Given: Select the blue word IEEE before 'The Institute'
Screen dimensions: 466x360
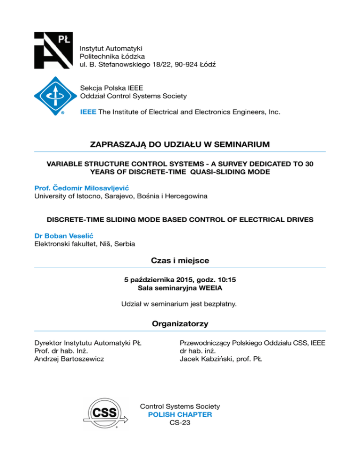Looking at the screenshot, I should pyautogui.click(x=89, y=113).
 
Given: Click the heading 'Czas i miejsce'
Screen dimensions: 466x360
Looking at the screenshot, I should pyautogui.click(x=180, y=260).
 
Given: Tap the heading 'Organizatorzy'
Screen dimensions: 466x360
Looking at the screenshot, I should pyautogui.click(x=180, y=323).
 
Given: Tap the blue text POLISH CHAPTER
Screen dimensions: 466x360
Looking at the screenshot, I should pyautogui.click(x=180, y=415).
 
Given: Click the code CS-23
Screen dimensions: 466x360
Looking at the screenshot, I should pyautogui.click(x=180, y=423).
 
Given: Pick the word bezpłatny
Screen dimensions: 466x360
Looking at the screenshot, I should pyautogui.click(x=220, y=304).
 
